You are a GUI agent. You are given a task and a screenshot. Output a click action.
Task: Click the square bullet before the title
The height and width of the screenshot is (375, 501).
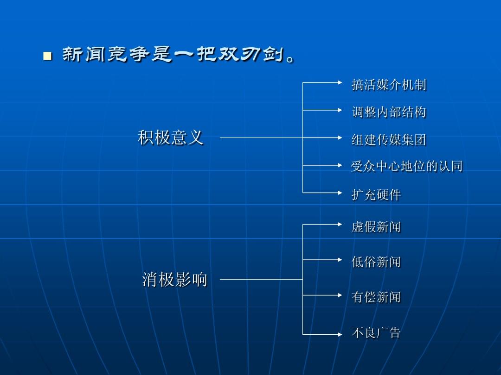pos(46,56)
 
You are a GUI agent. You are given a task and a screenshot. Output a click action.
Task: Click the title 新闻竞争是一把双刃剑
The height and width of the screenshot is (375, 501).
pos(178,56)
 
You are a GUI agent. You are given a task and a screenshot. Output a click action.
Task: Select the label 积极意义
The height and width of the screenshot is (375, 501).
pos(171,137)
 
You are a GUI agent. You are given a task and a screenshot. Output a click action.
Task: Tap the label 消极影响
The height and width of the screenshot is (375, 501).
pos(174,280)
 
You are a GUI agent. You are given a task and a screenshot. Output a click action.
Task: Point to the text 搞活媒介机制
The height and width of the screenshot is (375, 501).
pos(389,85)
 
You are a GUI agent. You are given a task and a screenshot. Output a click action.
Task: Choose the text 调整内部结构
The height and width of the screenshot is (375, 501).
pos(389,112)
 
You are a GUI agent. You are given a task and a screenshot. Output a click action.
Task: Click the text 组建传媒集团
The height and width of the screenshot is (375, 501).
pos(389,139)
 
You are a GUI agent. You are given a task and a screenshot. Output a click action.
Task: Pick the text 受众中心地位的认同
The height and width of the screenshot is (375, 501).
pos(407,166)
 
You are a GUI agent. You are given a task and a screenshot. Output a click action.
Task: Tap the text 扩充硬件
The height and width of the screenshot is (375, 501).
pos(376,195)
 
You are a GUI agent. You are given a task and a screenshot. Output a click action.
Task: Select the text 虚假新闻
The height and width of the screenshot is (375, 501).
pos(376,227)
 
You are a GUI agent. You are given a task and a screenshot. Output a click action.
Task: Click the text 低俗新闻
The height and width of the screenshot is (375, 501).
pos(376,262)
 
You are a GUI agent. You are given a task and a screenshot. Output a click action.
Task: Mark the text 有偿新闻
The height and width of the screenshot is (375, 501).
pos(376,297)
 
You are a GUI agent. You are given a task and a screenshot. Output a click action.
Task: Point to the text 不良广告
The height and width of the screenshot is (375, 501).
pos(376,333)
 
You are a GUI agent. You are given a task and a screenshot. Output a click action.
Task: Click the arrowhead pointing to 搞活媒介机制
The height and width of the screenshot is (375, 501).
pos(340,82)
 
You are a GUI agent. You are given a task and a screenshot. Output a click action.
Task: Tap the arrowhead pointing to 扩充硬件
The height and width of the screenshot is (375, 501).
pos(340,192)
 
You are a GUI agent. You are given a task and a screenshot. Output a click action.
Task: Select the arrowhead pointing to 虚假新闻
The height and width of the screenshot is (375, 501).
pos(340,224)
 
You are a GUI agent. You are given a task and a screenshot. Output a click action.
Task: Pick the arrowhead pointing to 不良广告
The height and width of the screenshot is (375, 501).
pos(340,334)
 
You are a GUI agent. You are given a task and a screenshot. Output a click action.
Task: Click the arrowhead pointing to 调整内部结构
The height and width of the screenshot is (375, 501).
pos(340,110)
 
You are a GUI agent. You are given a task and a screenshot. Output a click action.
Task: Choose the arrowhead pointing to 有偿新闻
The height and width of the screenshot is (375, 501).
pos(340,294)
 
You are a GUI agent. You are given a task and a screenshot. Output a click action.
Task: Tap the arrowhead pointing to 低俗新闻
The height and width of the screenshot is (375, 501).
pos(340,260)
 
